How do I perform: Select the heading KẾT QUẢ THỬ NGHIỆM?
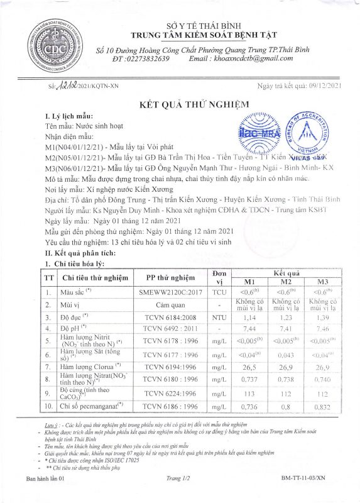pyautogui.click(x=194, y=104)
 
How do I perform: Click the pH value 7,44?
pyautogui.click(x=249, y=328)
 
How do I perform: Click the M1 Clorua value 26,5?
pyautogui.click(x=249, y=365)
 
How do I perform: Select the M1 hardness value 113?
pyautogui.click(x=249, y=394)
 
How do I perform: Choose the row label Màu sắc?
pyautogui.click(x=73, y=292)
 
